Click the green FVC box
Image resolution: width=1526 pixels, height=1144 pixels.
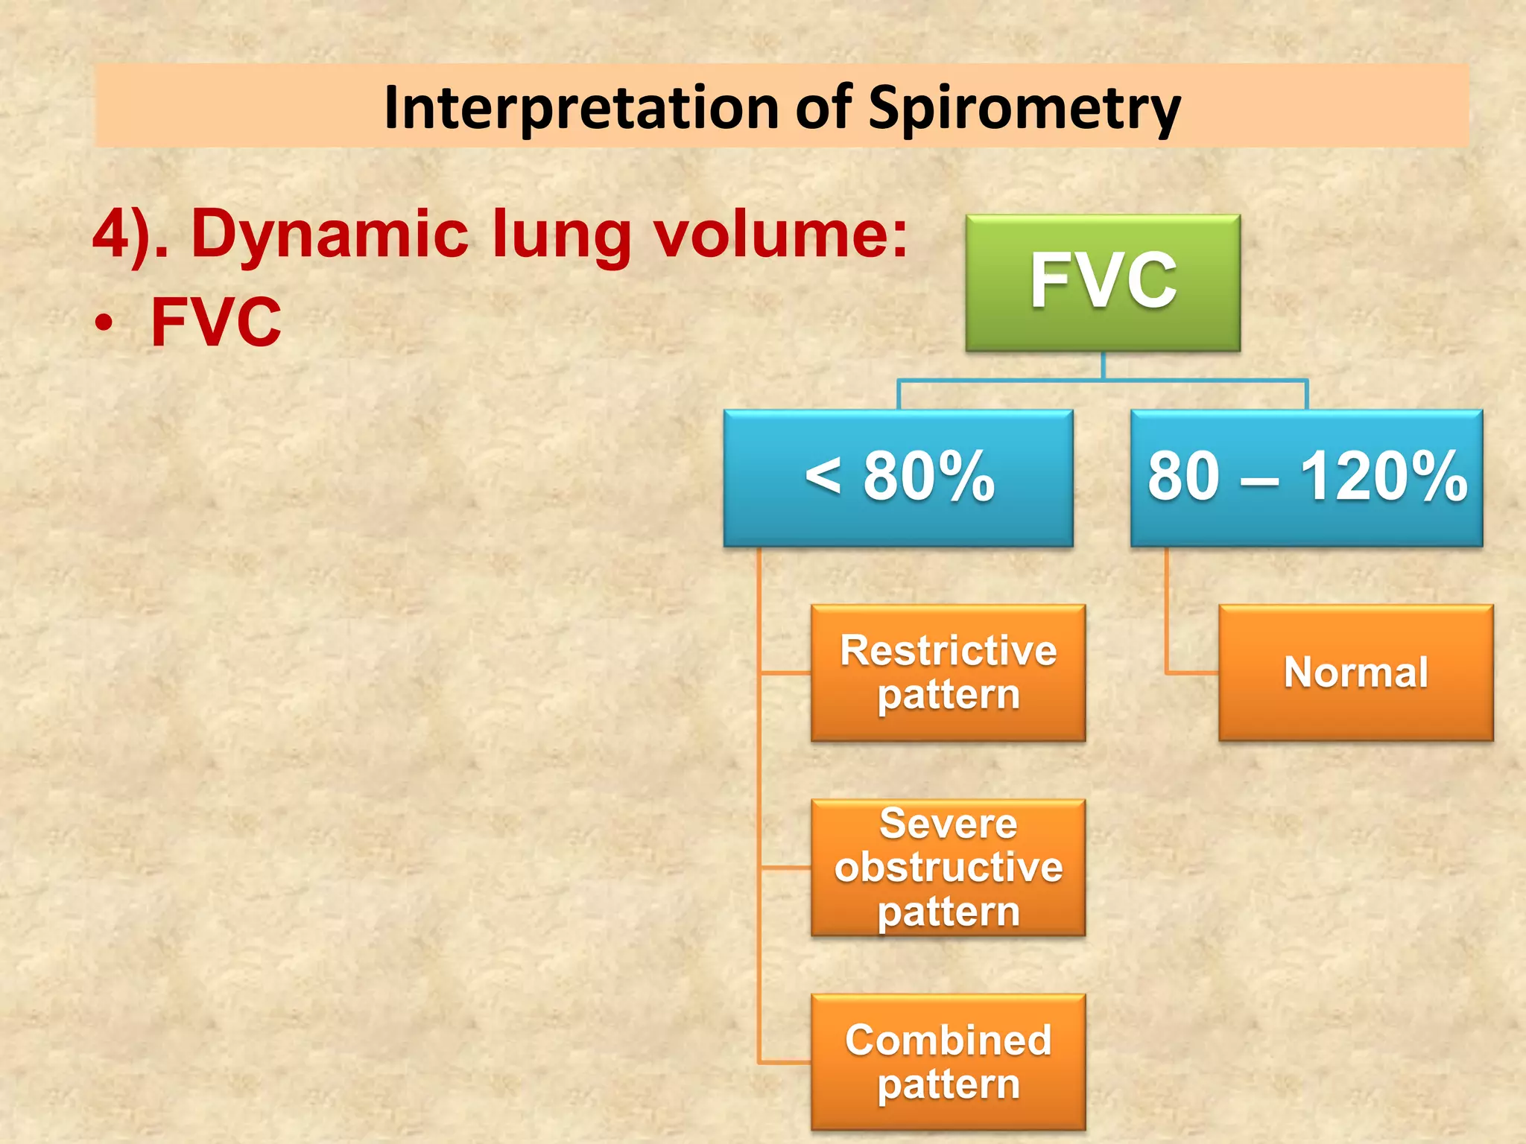pos(1103,282)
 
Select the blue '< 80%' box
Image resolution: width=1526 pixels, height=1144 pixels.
pos(899,477)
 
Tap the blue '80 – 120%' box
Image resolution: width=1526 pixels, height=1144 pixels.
pos(1306,477)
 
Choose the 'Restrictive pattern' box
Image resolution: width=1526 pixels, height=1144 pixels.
pos(948,673)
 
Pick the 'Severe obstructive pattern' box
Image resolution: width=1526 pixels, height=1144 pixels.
pos(948,868)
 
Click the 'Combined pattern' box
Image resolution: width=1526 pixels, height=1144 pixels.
pos(948,1062)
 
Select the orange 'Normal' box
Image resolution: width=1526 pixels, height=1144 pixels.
pos(1355,673)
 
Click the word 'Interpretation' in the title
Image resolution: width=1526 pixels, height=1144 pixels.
pos(582,107)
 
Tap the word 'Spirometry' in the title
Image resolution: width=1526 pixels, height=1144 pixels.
pos(1025,109)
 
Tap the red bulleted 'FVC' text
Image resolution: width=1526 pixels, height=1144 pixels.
pos(216,322)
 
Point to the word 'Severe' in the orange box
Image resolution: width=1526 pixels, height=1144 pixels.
pos(948,824)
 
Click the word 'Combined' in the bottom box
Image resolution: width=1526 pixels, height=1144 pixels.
pos(948,1040)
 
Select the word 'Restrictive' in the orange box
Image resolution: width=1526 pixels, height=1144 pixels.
pos(948,650)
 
